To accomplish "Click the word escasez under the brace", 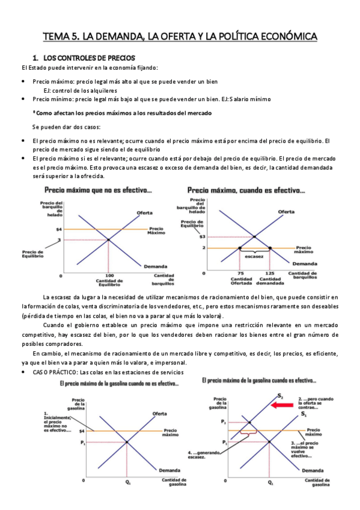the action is coord(254,256).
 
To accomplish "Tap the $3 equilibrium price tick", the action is coord(202,236).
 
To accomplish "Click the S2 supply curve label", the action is coord(280,396).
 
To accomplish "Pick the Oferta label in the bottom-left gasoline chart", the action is coord(159,414).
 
